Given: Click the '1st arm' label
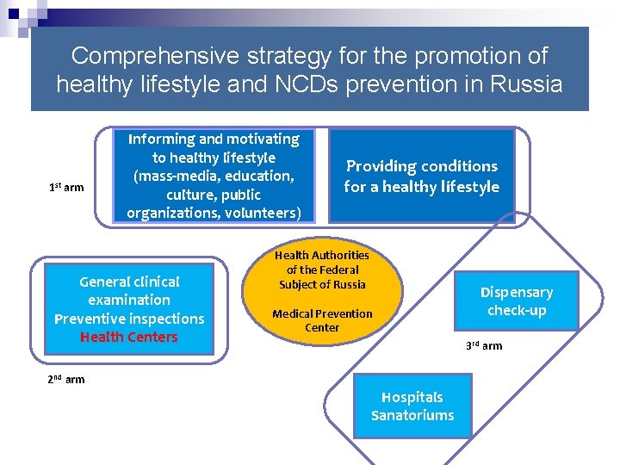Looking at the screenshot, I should click(x=66, y=187).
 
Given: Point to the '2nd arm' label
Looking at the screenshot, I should click(x=66, y=379).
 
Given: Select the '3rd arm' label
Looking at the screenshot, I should click(x=484, y=345).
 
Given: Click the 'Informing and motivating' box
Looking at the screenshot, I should click(x=214, y=176).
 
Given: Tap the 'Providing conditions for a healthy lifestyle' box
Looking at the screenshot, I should click(x=422, y=176).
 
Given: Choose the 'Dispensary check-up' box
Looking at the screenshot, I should click(x=516, y=301).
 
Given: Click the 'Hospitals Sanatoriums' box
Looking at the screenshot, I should click(x=412, y=406).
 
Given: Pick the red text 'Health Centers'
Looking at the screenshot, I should click(x=128, y=337).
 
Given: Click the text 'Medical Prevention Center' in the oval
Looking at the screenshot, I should click(x=322, y=320).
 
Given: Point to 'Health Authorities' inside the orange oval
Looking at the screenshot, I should click(x=322, y=255).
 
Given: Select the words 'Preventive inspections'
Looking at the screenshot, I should click(x=128, y=319).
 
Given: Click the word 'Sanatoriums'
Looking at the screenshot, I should click(x=412, y=416).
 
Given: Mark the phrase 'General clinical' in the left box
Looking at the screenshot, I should click(x=128, y=282).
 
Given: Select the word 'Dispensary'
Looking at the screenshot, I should click(x=516, y=292).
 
